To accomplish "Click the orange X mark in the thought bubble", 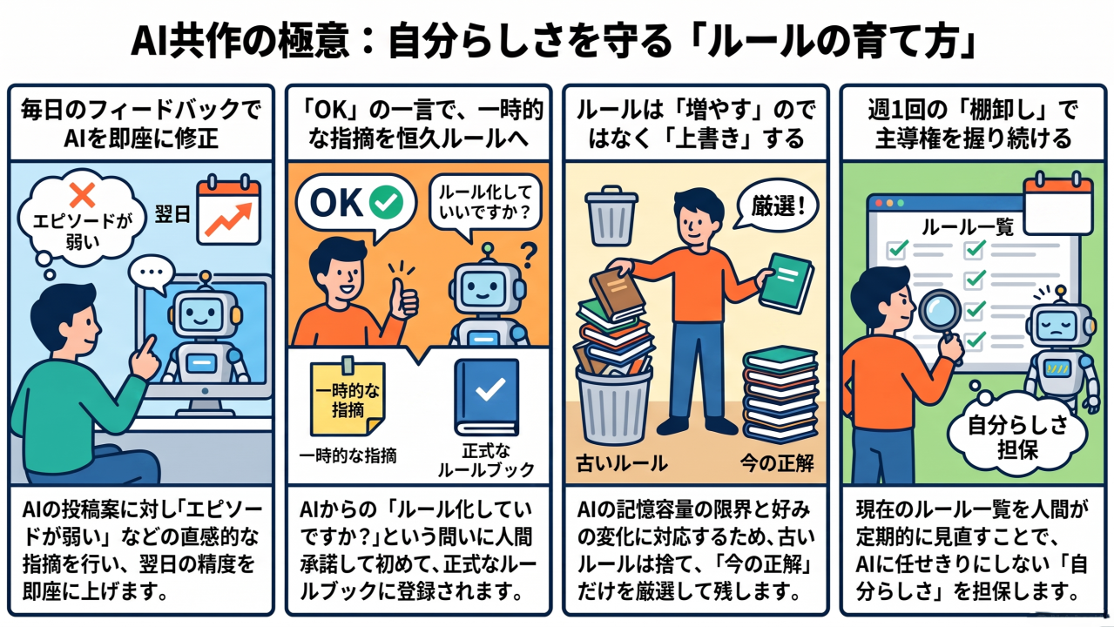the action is [82, 194].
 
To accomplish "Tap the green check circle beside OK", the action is [386, 202].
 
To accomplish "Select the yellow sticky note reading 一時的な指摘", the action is [348, 397].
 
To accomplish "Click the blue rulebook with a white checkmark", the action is [486, 397].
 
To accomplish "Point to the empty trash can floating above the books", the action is [611, 216].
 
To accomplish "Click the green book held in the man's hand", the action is [787, 282].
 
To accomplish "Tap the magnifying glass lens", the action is [940, 311].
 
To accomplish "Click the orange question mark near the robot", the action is [530, 254].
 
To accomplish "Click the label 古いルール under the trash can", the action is [622, 463].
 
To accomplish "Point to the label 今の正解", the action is [777, 463].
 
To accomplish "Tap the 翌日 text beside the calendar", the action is [172, 214].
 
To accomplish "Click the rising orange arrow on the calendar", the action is [228, 219].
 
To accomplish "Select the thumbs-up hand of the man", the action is [403, 298].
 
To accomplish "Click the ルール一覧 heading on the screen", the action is [968, 227].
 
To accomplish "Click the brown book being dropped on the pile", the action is [618, 293].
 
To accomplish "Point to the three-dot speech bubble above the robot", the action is [152, 273].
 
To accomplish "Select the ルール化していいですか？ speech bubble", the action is [485, 204].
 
